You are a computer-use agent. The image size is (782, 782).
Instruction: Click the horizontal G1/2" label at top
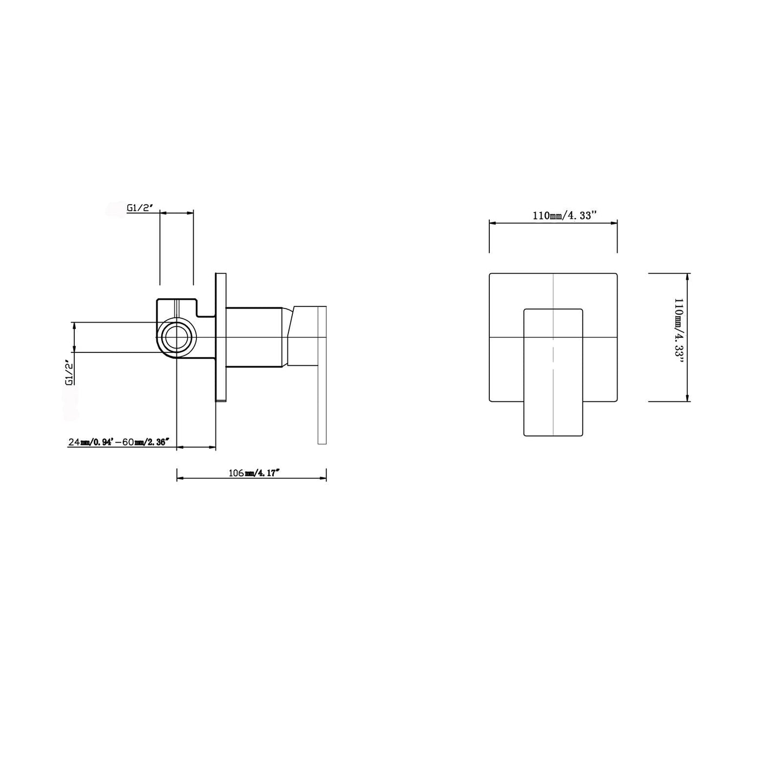[140, 208]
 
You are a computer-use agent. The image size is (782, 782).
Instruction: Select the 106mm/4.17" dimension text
[254, 473]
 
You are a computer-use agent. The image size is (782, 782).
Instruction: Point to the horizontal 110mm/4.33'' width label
[564, 215]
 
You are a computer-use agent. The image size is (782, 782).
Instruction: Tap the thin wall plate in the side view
[221, 337]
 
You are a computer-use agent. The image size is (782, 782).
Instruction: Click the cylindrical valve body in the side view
[254, 337]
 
